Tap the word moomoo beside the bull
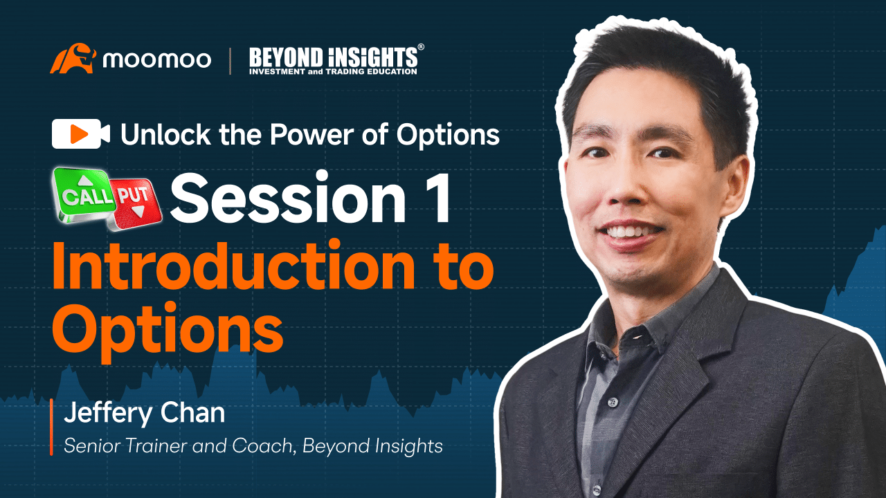(156, 59)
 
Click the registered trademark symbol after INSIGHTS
(421, 47)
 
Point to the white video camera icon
(81, 134)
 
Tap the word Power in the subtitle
(311, 134)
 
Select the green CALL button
(84, 195)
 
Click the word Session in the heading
(288, 198)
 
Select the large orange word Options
(168, 330)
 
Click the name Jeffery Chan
(145, 414)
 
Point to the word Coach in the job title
(262, 446)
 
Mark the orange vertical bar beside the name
(51, 427)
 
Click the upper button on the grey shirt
(613, 403)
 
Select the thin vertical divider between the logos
(230, 61)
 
